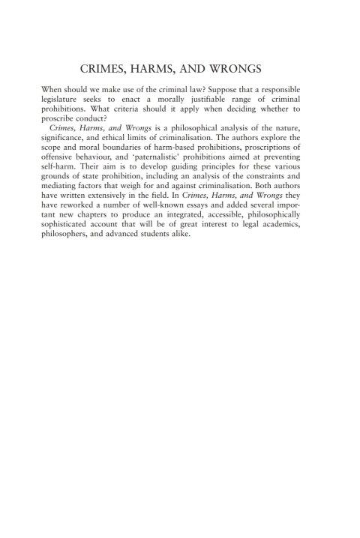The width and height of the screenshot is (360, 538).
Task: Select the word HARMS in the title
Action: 173,70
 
